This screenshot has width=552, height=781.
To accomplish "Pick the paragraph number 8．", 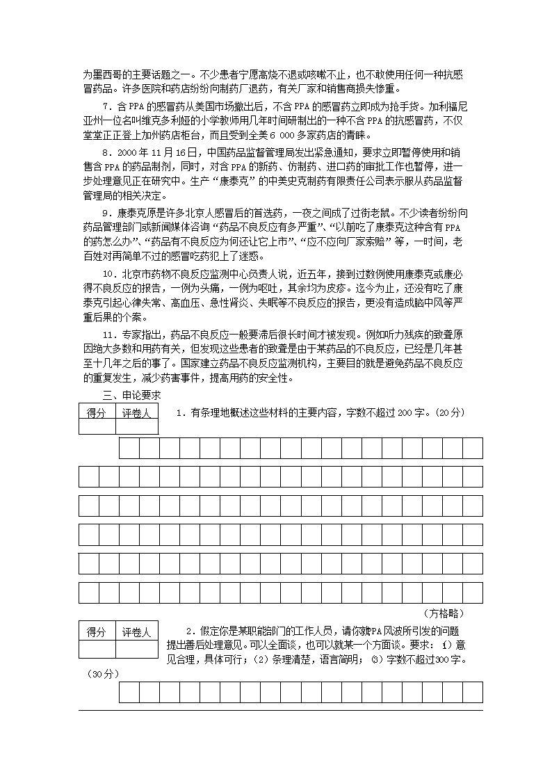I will pyautogui.click(x=108, y=152).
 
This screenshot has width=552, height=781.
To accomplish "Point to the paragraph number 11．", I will pyautogui.click(x=111, y=333).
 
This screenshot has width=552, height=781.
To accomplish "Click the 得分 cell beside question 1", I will pyautogui.click(x=97, y=413).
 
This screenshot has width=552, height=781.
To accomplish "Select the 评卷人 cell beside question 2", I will pyautogui.click(x=136, y=632).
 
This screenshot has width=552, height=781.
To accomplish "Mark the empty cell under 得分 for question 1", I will pyautogui.click(x=97, y=427).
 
